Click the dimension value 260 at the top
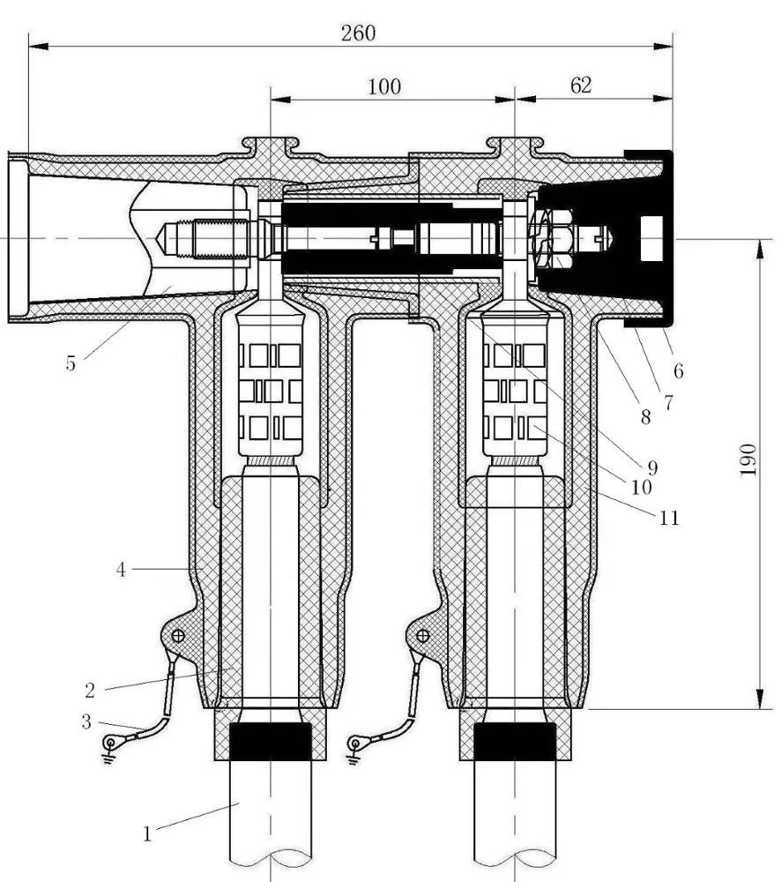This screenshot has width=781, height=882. [358, 34]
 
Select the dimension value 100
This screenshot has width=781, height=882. [384, 86]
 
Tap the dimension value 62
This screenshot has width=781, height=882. [581, 85]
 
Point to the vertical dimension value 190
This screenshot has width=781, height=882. [748, 460]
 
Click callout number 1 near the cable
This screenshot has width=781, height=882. [148, 833]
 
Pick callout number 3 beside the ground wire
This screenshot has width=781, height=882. [86, 721]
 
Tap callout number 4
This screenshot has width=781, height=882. [122, 570]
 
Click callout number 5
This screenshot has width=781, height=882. [71, 363]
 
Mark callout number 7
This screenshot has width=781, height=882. [668, 403]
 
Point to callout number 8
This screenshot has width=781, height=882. [645, 417]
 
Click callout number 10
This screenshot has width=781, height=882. [641, 486]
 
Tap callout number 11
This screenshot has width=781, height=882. [669, 518]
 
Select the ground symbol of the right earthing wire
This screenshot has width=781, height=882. [354, 746]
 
